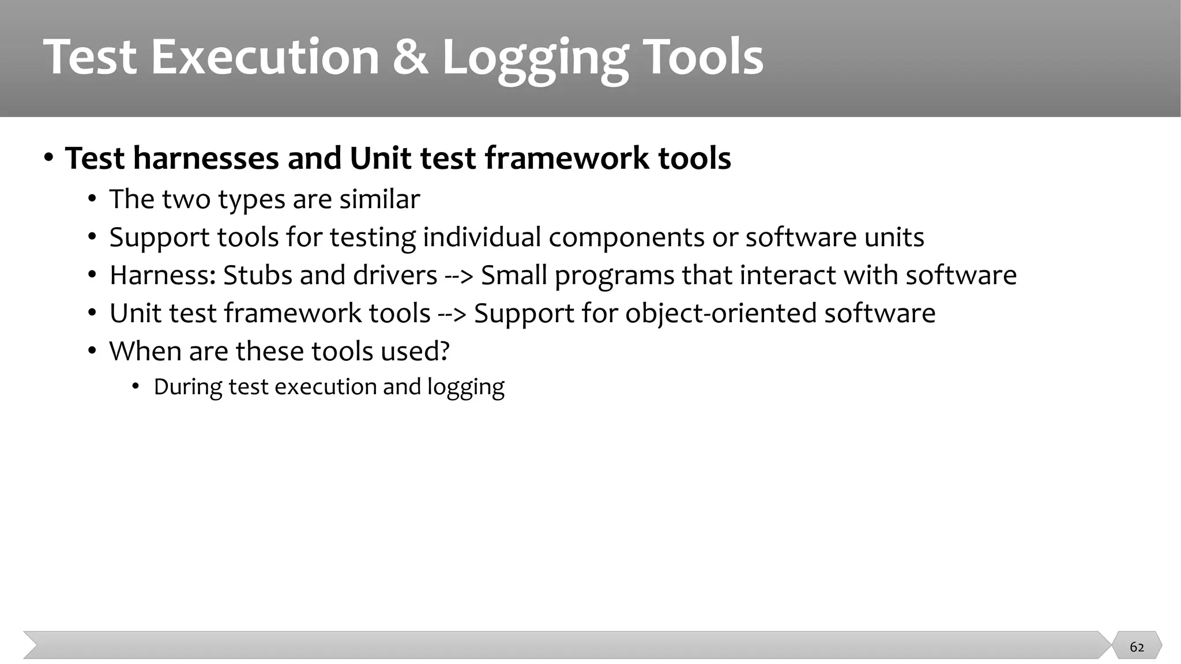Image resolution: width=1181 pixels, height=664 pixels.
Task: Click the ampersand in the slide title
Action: click(411, 58)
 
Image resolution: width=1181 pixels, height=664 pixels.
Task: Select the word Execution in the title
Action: click(265, 58)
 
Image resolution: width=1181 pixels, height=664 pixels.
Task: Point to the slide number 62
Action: click(1137, 647)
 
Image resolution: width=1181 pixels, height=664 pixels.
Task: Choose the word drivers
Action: click(395, 276)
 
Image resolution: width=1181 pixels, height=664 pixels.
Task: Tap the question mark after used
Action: click(444, 352)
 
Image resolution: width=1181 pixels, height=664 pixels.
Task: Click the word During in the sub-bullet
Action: click(187, 387)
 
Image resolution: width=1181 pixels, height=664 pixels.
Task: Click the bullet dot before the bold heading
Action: click(49, 157)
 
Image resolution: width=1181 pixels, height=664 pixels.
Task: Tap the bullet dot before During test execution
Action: click(136, 386)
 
